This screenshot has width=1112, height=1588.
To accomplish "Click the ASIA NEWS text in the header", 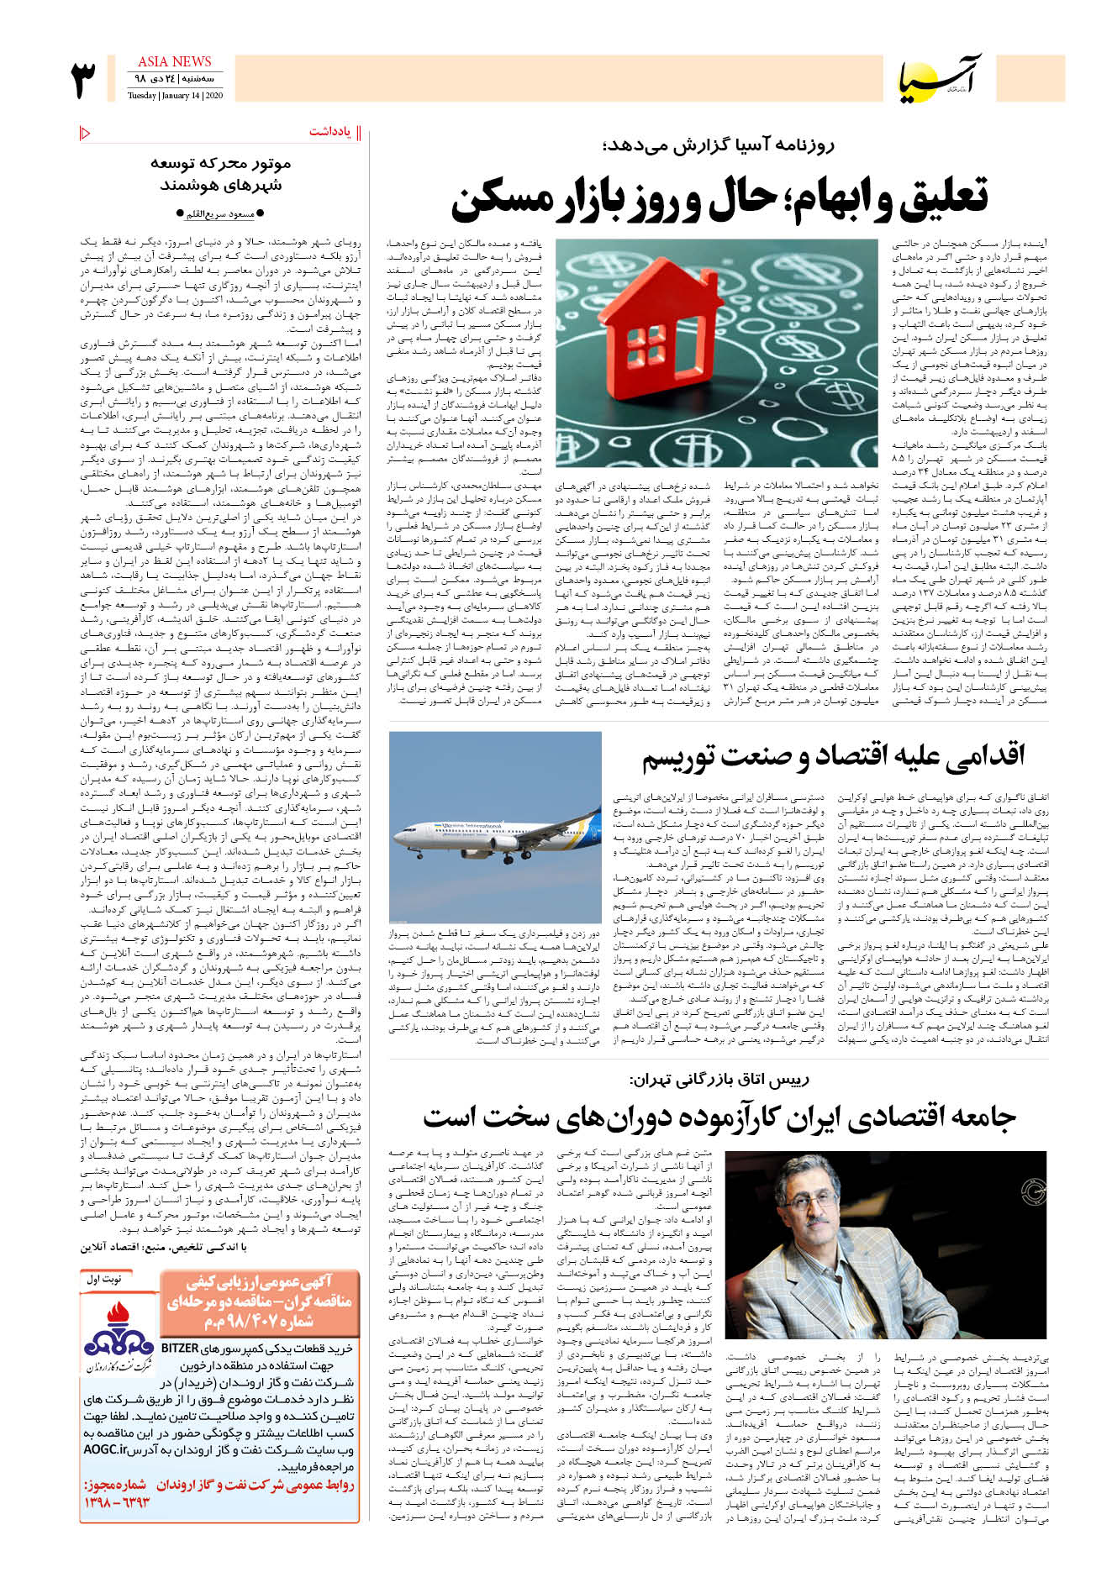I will [174, 61].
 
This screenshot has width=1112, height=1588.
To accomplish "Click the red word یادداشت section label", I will [330, 132].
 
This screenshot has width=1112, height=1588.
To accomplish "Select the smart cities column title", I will [220, 174].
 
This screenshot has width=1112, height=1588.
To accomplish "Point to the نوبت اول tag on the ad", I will [104, 1279].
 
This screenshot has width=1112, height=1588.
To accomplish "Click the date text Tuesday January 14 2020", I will [175, 95].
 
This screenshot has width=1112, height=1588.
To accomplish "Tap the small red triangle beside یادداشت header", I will [85, 132].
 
